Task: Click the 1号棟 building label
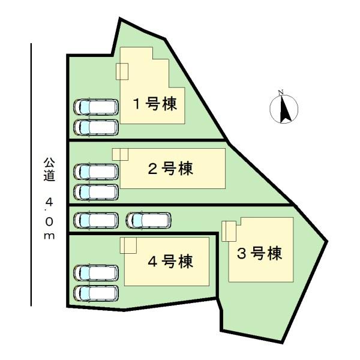pyautogui.click(x=154, y=104)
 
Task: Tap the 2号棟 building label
pyautogui.click(x=170, y=169)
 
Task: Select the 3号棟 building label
pyautogui.click(x=259, y=254)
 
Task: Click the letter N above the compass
pyautogui.click(x=280, y=92)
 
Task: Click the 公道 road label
pyautogui.click(x=49, y=169)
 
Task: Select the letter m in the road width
pyautogui.click(x=49, y=235)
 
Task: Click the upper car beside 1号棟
pyautogui.click(x=96, y=107)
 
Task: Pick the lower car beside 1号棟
pyautogui.click(x=96, y=127)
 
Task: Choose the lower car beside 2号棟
pyautogui.click(x=96, y=191)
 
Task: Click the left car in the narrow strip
pyautogui.click(x=96, y=221)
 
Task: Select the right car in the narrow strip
pyautogui.click(x=149, y=221)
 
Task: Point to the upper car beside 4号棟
pyautogui.click(x=96, y=272)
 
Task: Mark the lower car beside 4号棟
pyautogui.click(x=96, y=292)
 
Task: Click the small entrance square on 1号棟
pyautogui.click(x=122, y=71)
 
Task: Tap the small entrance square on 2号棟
pyautogui.click(x=120, y=154)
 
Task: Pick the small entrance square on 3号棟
pyautogui.click(x=229, y=231)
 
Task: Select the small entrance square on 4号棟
pyautogui.click(x=128, y=245)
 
